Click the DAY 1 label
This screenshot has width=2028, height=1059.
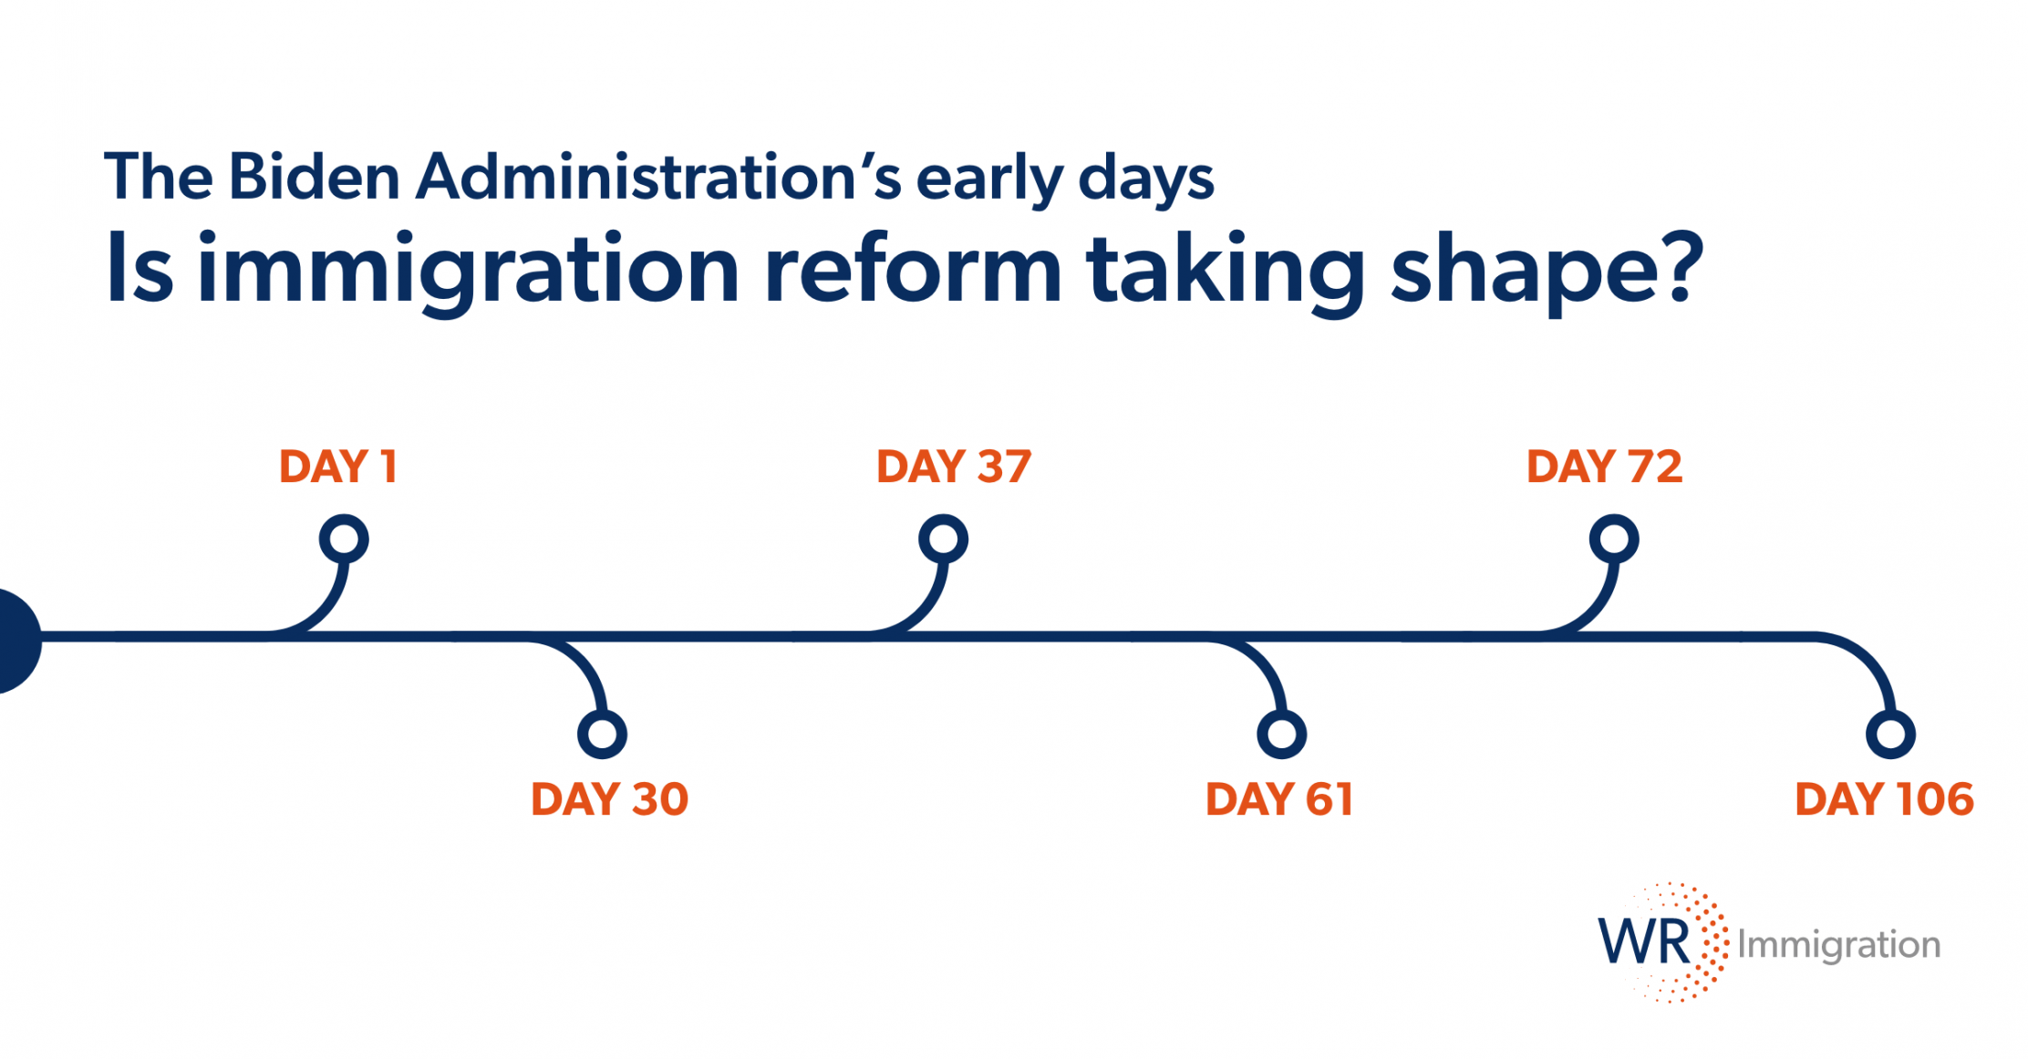338,467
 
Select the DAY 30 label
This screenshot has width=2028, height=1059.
609,799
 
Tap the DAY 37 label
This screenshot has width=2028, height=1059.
954,467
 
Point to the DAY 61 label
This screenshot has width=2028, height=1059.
1279,799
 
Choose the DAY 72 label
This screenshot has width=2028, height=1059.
1605,467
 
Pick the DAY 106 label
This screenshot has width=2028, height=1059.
1885,799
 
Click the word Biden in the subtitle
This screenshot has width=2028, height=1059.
315,176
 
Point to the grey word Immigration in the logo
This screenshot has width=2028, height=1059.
1839,946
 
